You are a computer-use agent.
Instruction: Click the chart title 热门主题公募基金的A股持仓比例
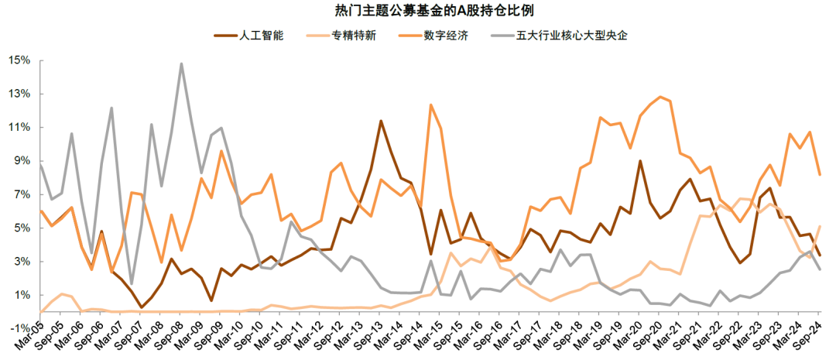[x=418, y=11]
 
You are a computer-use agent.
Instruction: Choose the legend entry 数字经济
[x=446, y=36]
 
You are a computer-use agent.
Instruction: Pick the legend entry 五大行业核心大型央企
[x=571, y=36]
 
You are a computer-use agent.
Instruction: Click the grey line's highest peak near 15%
[x=181, y=63]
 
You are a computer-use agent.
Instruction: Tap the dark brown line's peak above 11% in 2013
[x=381, y=121]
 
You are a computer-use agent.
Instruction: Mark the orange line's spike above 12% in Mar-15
[x=430, y=105]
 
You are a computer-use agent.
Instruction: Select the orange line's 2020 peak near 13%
[x=660, y=97]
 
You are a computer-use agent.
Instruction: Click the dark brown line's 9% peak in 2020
[x=640, y=161]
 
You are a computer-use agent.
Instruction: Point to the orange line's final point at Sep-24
[x=820, y=175]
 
